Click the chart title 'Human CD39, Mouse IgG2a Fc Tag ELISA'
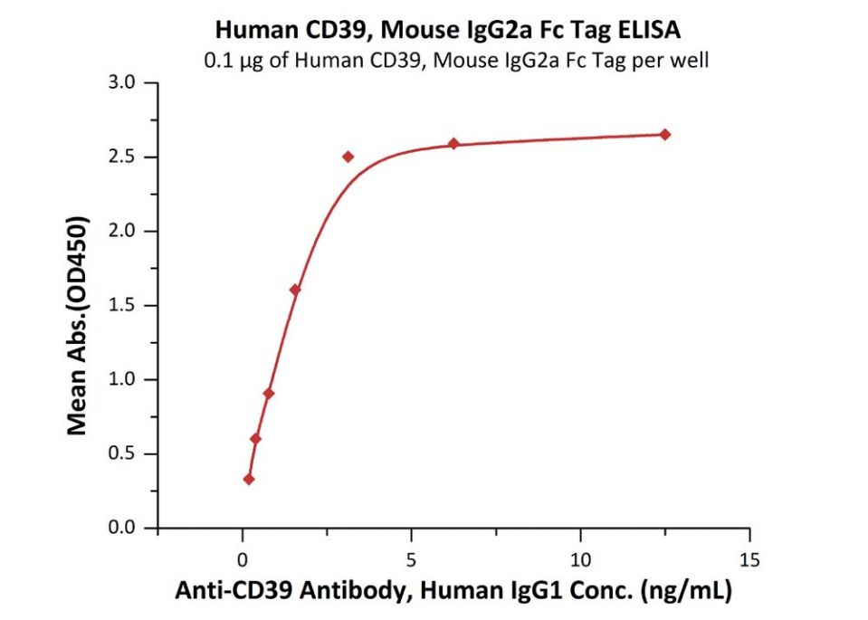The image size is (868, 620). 448,31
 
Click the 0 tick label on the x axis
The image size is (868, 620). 242,558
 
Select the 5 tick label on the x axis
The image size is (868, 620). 411,558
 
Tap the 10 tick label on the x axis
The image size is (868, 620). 580,558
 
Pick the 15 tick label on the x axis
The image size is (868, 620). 749,558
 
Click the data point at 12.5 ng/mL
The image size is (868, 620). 665,135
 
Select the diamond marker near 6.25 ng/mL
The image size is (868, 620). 453,144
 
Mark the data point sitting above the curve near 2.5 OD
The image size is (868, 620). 348,157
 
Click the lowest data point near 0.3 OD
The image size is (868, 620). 249,480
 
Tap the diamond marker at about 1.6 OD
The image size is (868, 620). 295,290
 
